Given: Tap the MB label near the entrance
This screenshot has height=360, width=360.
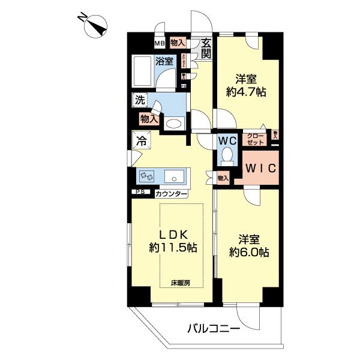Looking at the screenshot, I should pyautogui.click(x=160, y=43).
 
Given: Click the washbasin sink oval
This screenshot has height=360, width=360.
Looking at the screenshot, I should pyautogui.click(x=173, y=123).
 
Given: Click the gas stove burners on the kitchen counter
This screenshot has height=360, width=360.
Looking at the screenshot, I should pyautogui.click(x=148, y=176).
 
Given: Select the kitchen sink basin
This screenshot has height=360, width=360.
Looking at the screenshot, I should pyautogui.click(x=174, y=176).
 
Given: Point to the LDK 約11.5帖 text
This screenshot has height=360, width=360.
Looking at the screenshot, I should pyautogui.click(x=173, y=241).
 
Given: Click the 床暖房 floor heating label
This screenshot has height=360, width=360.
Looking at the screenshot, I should pyautogui.click(x=181, y=282).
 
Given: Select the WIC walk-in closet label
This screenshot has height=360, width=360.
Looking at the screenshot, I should pyautogui.click(x=260, y=168).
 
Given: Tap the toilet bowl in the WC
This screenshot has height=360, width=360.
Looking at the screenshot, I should pyautogui.click(x=227, y=157).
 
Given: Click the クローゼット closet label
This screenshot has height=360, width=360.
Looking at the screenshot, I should pyautogui.click(x=254, y=139).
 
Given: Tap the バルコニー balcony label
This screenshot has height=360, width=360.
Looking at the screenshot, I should pyautogui.click(x=214, y=328).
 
